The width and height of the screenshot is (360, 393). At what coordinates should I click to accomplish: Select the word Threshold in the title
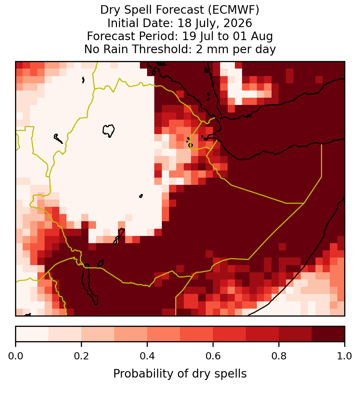pos(168,49)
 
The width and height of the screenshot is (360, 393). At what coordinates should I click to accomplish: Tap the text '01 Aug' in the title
pos(253,36)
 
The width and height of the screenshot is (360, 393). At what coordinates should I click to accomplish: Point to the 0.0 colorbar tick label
pos(15,356)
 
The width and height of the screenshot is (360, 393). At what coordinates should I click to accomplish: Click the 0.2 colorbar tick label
pos(81,356)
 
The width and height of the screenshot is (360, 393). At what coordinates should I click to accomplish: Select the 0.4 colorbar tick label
pos(147,356)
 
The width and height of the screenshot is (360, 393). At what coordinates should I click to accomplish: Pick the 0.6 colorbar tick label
pos(213,356)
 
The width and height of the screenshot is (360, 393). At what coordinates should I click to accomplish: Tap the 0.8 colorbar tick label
pos(279,356)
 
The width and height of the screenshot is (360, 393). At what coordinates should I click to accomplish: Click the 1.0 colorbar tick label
pos(345,356)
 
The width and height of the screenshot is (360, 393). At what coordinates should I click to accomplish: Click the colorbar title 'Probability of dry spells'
pos(180,374)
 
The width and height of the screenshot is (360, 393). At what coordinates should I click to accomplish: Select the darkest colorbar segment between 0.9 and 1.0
pos(328,334)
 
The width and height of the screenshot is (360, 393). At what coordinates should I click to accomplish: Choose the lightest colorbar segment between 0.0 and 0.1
pos(32,334)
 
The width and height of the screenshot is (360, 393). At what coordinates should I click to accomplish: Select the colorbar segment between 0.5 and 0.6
pos(197,334)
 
